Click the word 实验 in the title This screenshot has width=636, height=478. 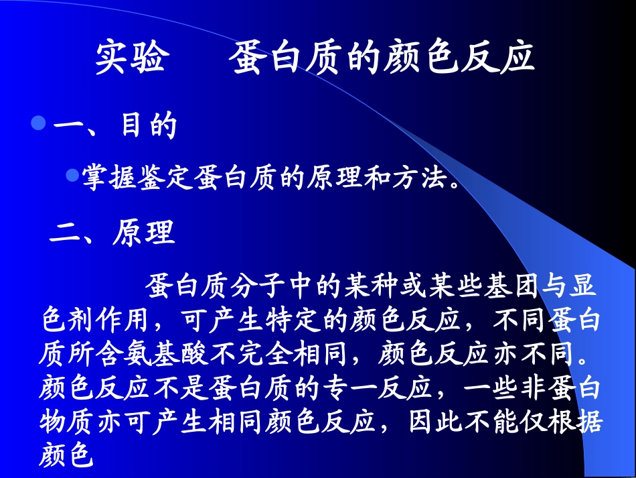tap(130, 58)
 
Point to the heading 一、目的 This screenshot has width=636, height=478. tap(114, 126)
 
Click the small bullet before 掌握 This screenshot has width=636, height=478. tap(72, 175)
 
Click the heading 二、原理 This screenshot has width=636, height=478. tap(112, 233)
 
